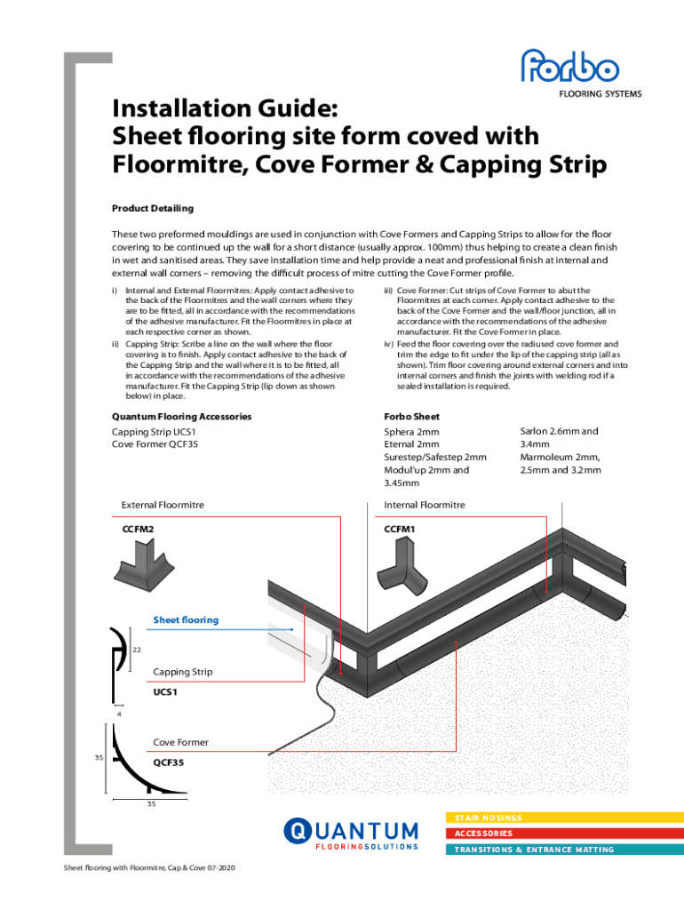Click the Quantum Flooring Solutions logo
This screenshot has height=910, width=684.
(x=351, y=835)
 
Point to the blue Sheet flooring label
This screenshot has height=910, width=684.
(x=186, y=619)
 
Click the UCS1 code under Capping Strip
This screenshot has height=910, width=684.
(x=167, y=691)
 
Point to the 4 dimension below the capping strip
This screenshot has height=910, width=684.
(x=119, y=713)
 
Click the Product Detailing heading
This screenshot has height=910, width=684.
(x=152, y=208)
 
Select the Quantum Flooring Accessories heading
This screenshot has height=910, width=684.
(x=181, y=416)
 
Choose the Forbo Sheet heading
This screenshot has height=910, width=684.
(x=411, y=416)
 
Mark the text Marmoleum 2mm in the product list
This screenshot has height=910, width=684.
(x=558, y=457)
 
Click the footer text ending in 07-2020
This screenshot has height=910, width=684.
(x=147, y=867)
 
